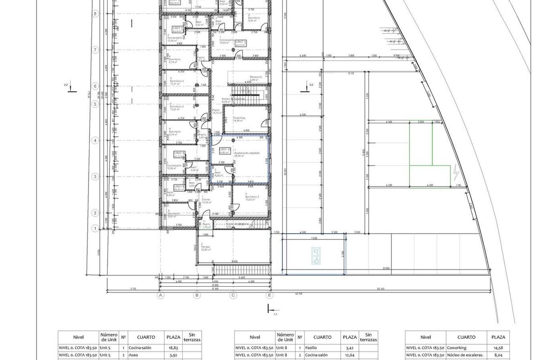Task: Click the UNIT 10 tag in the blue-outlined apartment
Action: (225, 150)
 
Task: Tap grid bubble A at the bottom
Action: (160, 296)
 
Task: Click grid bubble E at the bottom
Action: (270, 296)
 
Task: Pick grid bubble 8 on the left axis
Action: (95, 14)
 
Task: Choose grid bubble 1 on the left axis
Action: (95, 229)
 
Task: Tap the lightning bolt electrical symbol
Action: (457, 172)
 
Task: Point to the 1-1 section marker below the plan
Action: (271, 310)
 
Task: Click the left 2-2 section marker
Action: (68, 87)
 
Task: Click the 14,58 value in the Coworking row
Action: (498, 348)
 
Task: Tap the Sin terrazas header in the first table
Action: (192, 337)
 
